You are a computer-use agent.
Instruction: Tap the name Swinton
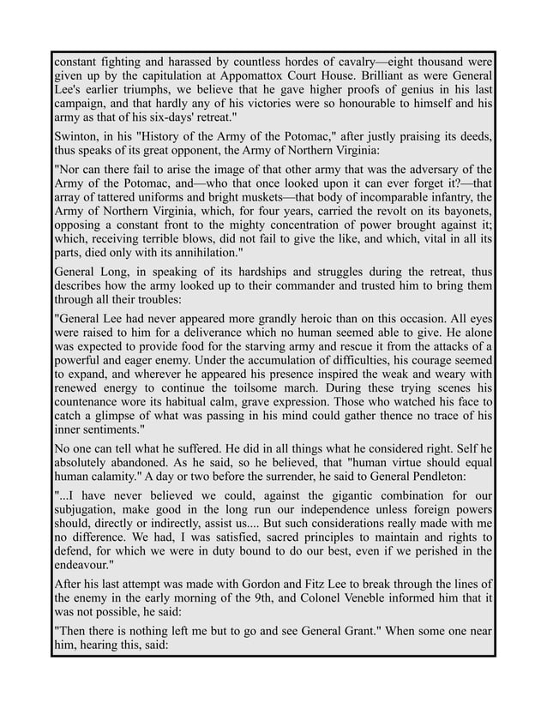click(78, 136)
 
